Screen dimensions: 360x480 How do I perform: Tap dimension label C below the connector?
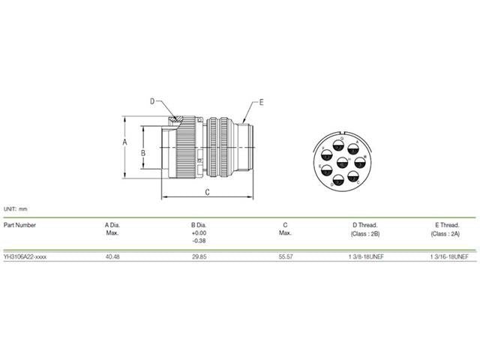[x=206, y=193]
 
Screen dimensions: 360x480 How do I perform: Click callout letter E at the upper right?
[x=262, y=100]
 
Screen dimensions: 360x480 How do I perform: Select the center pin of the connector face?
[x=343, y=162]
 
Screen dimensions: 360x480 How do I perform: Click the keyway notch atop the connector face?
[x=343, y=132]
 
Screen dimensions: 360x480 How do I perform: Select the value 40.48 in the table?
[x=113, y=256]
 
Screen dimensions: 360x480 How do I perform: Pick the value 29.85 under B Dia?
[x=199, y=256]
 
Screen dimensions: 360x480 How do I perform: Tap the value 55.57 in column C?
[x=285, y=256]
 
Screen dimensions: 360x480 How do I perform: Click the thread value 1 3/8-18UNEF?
[x=364, y=256]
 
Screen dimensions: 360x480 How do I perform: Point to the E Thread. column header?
[x=446, y=224]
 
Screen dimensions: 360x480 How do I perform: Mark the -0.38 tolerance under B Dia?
[x=199, y=241]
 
